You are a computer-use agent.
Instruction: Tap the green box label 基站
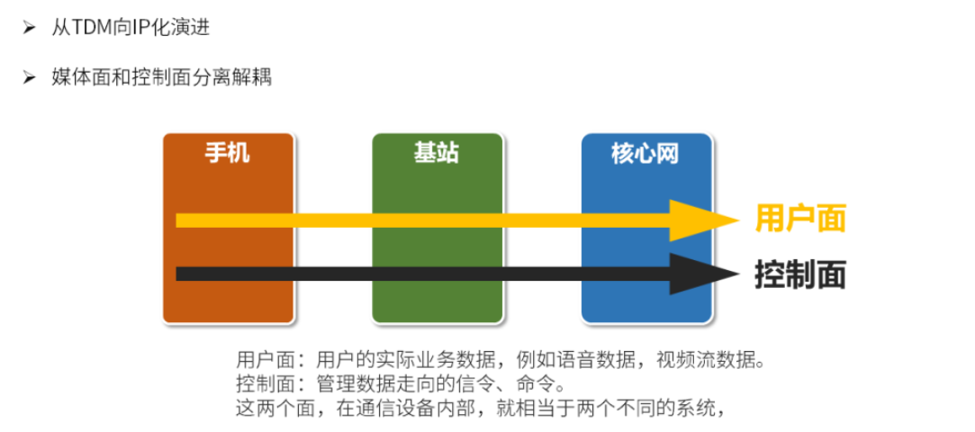(x=437, y=154)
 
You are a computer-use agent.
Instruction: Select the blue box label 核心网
(x=645, y=154)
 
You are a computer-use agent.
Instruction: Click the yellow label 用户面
(x=800, y=219)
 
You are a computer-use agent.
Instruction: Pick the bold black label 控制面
(x=800, y=274)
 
